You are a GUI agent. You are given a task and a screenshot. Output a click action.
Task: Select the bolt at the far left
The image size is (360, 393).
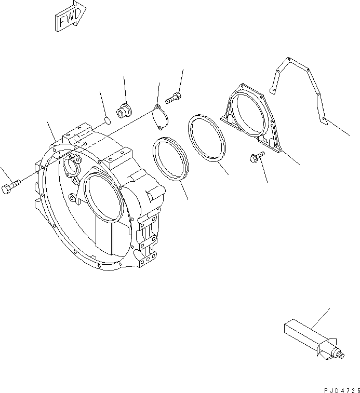(x=11, y=186)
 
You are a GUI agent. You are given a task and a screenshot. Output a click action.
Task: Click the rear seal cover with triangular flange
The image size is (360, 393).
(x=250, y=115)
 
